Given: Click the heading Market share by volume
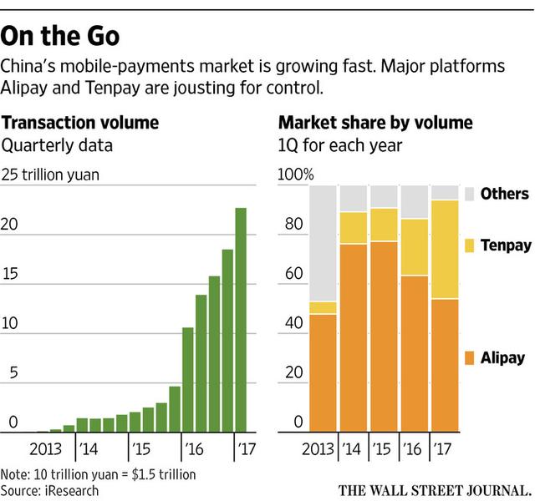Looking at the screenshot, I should (x=374, y=123).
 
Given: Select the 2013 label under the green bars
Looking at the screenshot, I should (x=46, y=448).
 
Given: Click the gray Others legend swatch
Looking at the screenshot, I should (x=469, y=194).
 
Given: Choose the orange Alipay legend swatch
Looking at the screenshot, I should (x=469, y=357).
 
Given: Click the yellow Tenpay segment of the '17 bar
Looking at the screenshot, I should (x=445, y=250).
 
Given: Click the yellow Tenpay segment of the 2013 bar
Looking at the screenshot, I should (x=324, y=308).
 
